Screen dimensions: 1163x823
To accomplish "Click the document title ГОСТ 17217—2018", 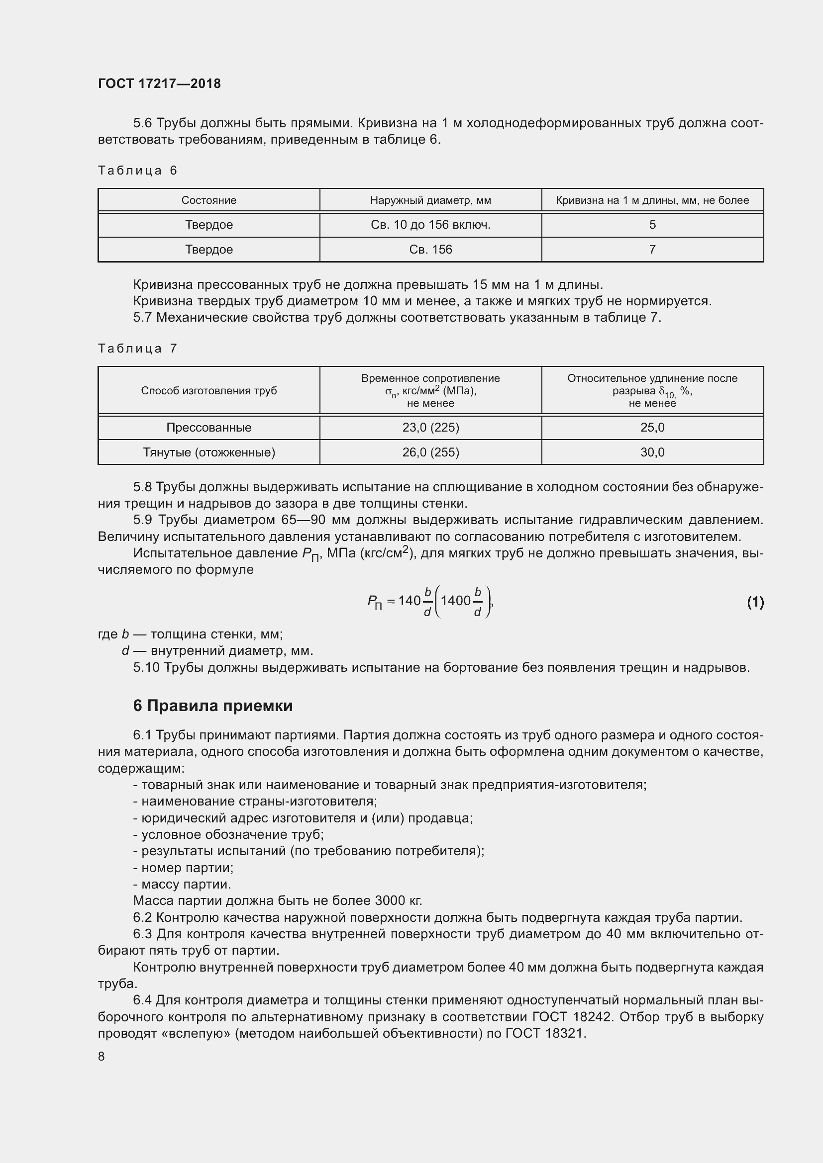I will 159,84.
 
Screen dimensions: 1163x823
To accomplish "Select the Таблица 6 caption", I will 137,171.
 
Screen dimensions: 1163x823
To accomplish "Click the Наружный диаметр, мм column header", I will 430,200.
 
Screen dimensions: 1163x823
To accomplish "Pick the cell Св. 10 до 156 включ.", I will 430,224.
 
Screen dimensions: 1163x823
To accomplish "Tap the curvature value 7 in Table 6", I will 652,249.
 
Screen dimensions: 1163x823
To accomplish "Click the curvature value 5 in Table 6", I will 652,224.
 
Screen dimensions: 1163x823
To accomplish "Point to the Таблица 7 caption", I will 137,349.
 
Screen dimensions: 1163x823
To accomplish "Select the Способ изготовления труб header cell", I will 209,390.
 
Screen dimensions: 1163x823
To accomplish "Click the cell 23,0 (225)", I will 430,428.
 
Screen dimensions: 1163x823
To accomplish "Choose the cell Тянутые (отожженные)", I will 209,452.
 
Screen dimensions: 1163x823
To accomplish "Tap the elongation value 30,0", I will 652,452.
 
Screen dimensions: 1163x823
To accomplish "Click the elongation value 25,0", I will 652,428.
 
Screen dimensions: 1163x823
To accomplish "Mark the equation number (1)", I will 755,602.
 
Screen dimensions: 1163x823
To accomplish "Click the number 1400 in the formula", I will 456,601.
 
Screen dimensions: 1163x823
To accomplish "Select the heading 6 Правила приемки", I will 213,706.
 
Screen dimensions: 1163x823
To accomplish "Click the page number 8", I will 102,1056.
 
